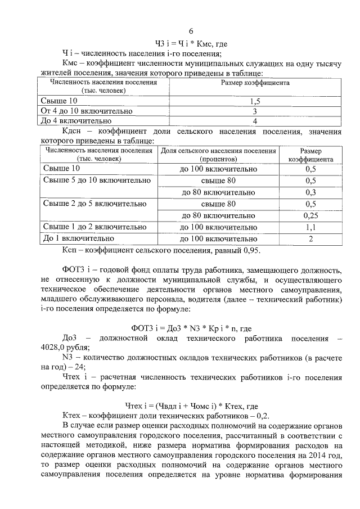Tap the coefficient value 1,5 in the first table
254,101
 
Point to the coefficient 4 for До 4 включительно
255,121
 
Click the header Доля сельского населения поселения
218,151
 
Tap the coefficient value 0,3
310,192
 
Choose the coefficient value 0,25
310,215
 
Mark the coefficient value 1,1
310,227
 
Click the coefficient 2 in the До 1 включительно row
310,238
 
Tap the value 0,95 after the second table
251,250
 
